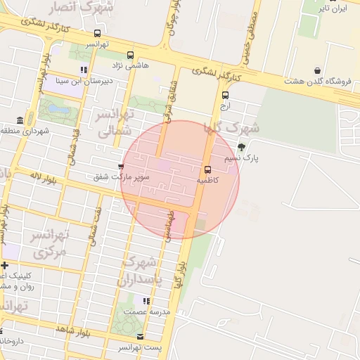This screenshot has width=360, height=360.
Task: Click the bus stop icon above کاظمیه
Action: coord(207,169)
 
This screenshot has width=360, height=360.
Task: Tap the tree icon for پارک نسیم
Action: coord(242,147)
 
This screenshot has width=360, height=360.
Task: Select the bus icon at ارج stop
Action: coord(225,95)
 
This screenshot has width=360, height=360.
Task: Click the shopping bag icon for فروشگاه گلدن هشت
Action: coord(318,70)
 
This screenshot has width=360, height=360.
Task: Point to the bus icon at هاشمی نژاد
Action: coord(129,54)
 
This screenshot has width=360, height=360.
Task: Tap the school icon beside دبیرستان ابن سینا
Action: coord(84,70)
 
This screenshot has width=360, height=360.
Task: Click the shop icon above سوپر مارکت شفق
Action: coord(121,167)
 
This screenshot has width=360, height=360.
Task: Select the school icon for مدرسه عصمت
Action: coord(146,301)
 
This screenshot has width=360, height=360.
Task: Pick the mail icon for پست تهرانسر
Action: coord(140,337)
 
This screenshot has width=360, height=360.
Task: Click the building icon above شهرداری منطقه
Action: coord(20,120)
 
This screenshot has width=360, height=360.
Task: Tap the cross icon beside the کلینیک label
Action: coord(5,265)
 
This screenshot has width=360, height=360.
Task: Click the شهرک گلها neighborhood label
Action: coord(231,128)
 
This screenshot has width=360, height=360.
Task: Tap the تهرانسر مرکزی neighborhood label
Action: coord(49,243)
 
